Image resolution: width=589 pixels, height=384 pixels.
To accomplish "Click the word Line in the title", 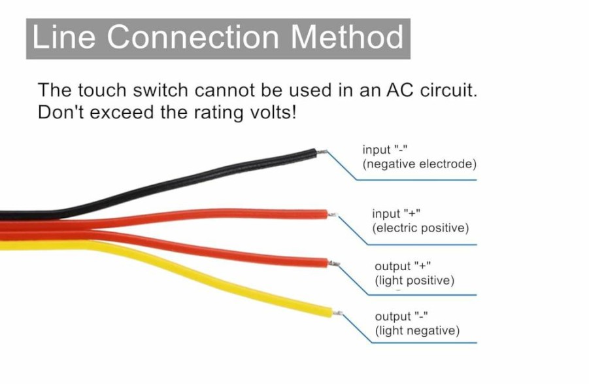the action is tap(64, 37).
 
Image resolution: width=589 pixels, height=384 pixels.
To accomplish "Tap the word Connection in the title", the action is tap(193, 37).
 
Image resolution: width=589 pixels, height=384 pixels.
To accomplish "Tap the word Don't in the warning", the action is tap(61, 112).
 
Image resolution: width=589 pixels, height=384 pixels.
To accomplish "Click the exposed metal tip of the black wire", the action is tap(322, 152).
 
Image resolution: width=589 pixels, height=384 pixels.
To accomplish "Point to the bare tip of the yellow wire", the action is tap(337, 313).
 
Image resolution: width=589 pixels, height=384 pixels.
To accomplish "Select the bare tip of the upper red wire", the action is tap(333, 215).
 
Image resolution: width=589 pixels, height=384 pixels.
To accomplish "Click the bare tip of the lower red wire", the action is tap(334, 264).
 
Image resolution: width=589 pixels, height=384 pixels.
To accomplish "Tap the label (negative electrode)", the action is tap(419, 164).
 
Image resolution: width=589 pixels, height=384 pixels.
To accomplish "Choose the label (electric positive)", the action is tap(421, 228).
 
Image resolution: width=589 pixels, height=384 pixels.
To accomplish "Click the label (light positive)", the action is tap(414, 281).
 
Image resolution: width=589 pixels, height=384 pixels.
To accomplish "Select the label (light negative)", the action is tap(417, 330).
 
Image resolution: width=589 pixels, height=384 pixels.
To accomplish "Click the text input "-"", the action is tap(384, 150).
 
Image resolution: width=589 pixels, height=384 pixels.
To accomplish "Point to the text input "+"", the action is tap(396, 213).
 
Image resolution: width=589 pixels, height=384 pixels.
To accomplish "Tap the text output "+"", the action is tap(403, 266).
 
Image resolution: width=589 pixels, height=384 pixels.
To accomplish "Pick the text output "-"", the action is tap(401, 317).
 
